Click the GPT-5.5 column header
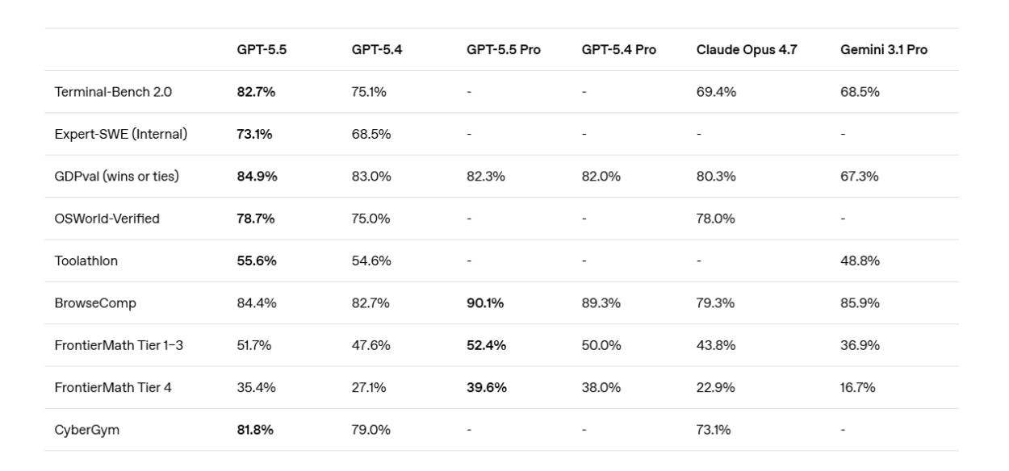262,50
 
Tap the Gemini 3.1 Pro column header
884,50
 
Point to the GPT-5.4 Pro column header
618,50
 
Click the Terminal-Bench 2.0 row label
112,92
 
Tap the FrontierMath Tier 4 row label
112,388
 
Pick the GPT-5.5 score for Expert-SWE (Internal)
254,134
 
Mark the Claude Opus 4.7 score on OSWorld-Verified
716,219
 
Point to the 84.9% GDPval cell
257,177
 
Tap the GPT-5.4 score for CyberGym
371,430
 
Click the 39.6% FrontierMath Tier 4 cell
487,388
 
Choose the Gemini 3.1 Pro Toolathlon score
860,261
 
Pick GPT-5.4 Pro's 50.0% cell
601,345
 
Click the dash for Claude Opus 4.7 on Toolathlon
699,261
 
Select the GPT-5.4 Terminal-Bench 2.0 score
369,92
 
